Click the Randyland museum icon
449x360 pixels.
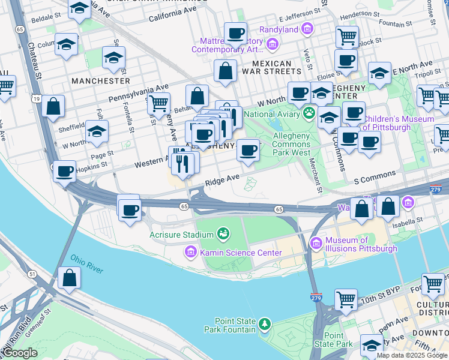tap(308, 29)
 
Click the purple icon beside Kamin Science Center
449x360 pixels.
tap(191, 252)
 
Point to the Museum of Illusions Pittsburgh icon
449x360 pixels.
tap(316, 244)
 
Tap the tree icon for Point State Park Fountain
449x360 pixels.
tap(265, 325)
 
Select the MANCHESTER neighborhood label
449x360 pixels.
tap(100, 80)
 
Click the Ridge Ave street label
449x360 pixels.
tap(222, 179)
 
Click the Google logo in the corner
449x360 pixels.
tap(20, 353)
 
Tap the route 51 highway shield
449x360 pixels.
tap(32, 274)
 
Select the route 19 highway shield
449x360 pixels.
tap(37, 98)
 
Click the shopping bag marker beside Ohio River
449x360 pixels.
tap(70, 278)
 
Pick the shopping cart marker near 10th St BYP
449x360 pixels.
tap(346, 299)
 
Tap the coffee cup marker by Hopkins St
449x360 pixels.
tap(64, 172)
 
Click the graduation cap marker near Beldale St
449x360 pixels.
tap(79, 9)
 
